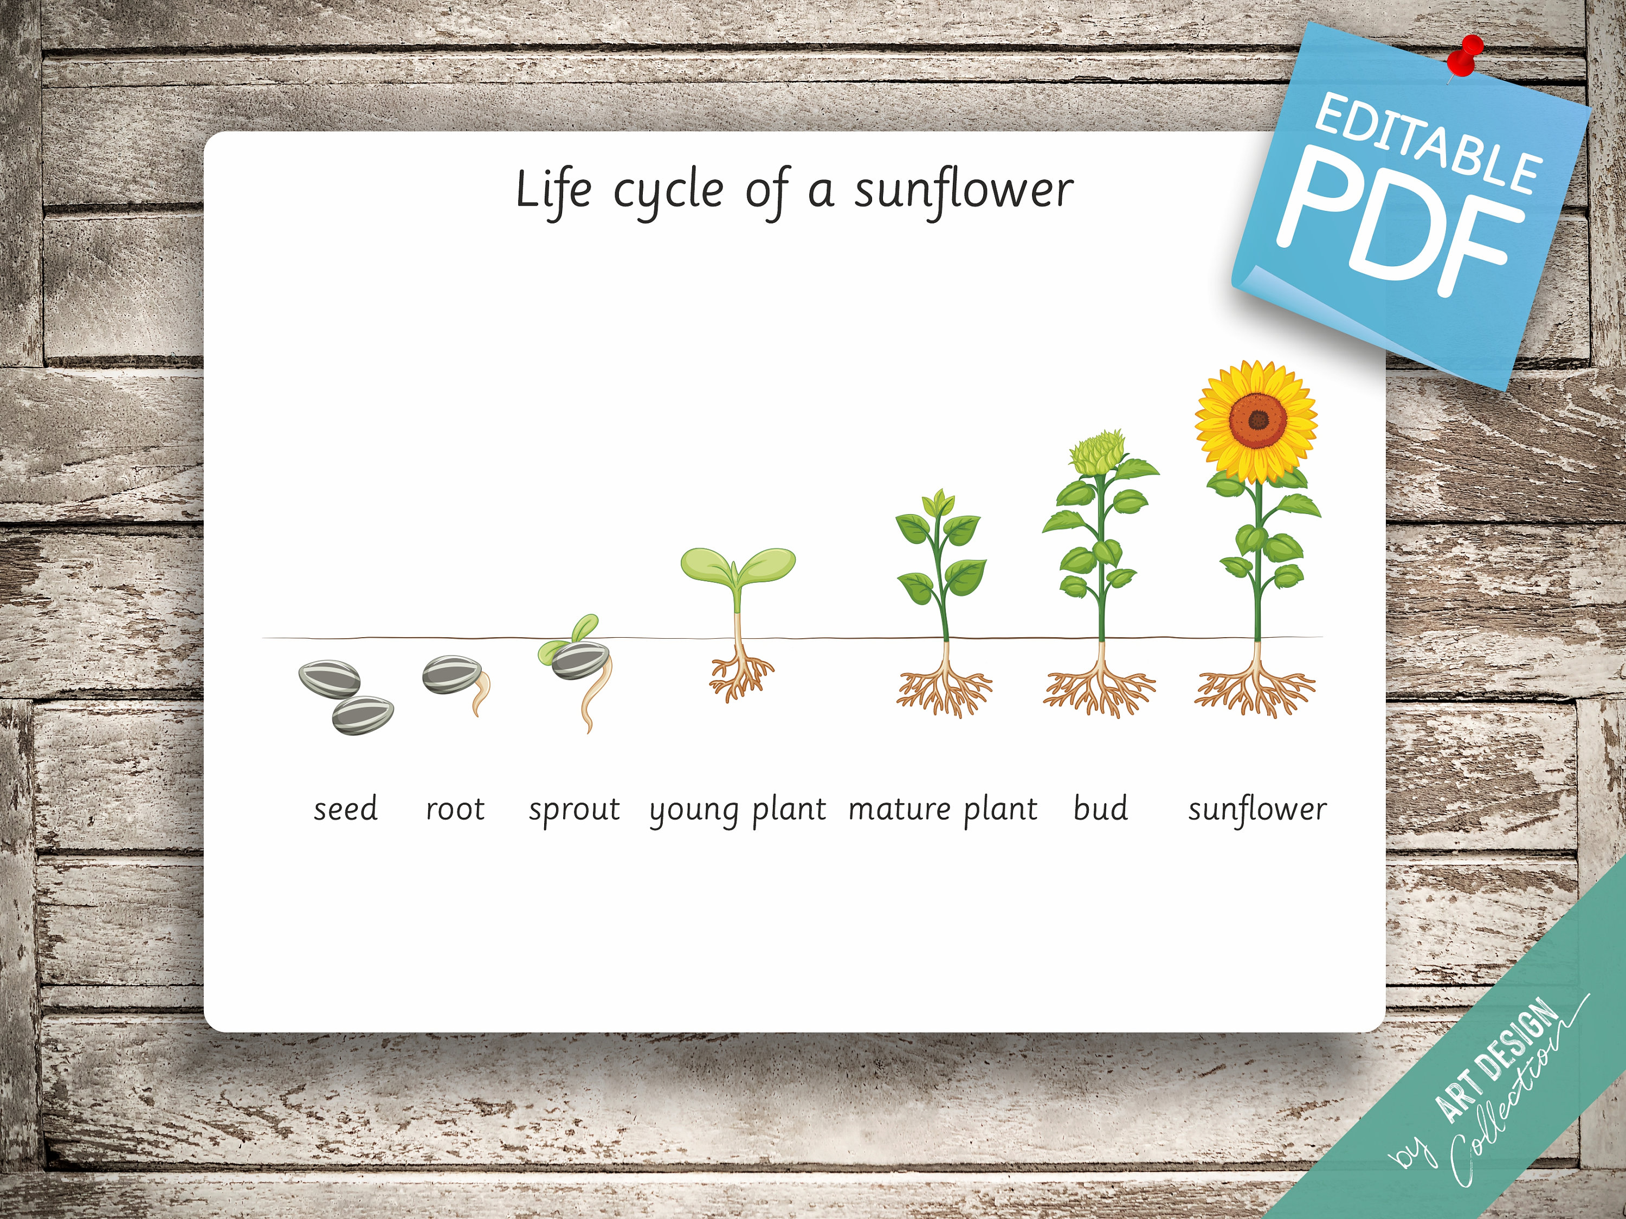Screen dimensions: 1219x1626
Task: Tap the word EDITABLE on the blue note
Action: pos(1426,147)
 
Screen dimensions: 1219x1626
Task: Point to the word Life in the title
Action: pos(553,190)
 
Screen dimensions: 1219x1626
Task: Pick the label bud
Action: pos(1100,809)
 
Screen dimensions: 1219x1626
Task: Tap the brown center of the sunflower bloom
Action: pos(1258,421)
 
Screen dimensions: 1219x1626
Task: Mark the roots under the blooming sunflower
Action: pos(1255,691)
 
